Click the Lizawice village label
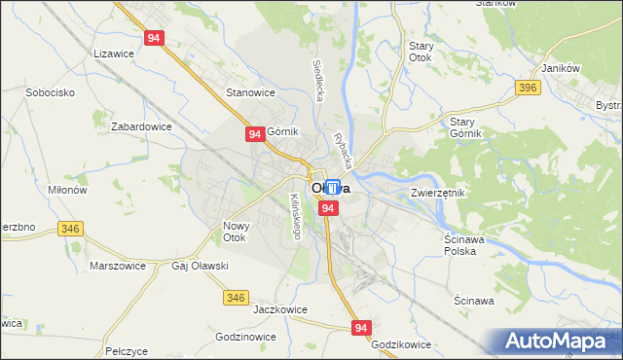(x=112, y=54)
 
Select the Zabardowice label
(x=141, y=126)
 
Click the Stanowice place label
(x=250, y=92)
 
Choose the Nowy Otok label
(x=237, y=232)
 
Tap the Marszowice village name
(x=117, y=266)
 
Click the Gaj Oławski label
(x=200, y=266)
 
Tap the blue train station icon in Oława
(x=333, y=187)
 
